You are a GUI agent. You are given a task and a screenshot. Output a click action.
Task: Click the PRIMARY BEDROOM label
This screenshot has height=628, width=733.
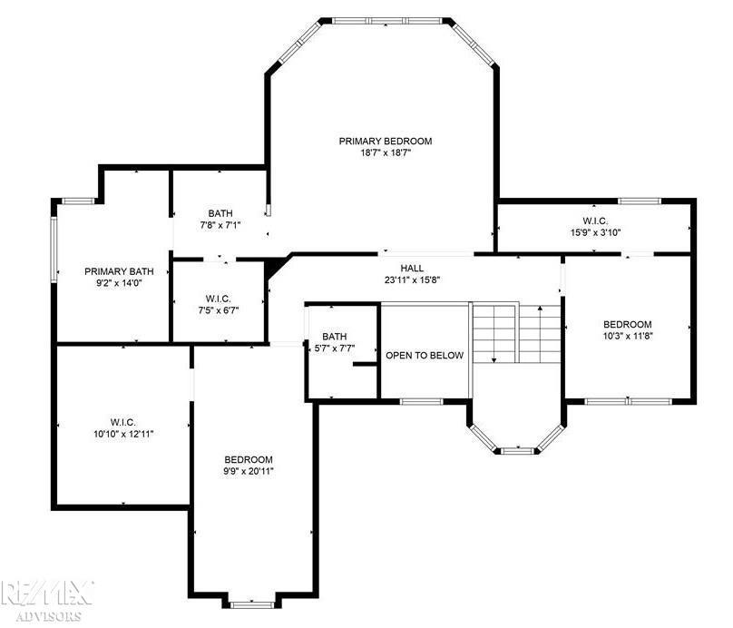point(386,141)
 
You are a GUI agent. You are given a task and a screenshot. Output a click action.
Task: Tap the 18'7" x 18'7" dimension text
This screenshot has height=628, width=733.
point(386,152)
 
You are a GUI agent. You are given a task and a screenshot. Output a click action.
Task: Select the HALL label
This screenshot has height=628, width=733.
point(412,268)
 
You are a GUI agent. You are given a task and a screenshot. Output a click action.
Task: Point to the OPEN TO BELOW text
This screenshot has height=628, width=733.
point(425,356)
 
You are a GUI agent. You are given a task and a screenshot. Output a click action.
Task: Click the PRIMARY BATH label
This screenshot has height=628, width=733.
point(119,271)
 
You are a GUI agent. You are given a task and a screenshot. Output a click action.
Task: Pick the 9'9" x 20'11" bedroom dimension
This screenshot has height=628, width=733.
point(249,471)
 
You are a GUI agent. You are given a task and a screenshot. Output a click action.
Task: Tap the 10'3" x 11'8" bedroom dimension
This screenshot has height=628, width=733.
point(628,335)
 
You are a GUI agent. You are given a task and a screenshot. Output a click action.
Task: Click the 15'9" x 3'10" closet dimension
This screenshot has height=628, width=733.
point(595,232)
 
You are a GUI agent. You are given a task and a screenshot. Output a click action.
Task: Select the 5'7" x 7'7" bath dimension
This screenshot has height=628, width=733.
point(335,348)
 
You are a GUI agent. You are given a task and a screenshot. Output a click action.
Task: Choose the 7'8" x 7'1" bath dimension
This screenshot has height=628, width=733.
point(220,225)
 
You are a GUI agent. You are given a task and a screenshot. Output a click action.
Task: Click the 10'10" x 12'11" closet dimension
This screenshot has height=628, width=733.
point(123,434)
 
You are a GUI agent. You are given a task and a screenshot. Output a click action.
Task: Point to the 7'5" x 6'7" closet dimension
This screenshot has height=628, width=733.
point(219,310)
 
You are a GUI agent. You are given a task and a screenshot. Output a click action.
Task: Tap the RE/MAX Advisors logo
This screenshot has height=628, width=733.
point(47,601)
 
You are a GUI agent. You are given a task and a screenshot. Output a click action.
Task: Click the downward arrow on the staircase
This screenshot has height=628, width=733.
point(494,333)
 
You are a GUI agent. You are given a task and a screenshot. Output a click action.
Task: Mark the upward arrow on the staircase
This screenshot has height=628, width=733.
point(541,333)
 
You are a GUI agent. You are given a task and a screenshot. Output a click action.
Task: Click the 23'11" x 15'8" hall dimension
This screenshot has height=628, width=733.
point(412,280)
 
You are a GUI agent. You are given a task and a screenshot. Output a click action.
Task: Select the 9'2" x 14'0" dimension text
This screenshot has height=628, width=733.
point(119,282)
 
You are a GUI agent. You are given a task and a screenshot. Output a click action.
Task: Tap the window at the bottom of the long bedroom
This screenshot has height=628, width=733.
point(251,605)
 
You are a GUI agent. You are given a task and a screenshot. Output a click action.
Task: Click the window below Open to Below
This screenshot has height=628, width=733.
point(421,401)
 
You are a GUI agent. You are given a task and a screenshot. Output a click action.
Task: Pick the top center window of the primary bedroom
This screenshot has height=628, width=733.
point(386,21)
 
